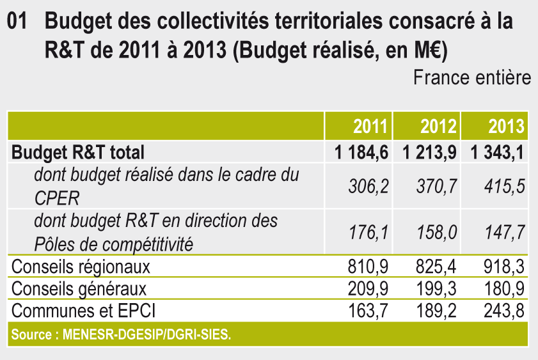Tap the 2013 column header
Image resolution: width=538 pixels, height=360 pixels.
pos(506,126)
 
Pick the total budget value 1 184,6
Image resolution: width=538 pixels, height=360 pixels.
pos(360,152)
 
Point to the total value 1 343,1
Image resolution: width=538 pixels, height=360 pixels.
pos(498,152)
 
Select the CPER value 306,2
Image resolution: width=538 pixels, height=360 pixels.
pos(368,186)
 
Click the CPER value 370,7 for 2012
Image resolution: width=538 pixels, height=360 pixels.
pos(437,186)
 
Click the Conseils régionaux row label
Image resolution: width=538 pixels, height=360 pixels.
pos(81,265)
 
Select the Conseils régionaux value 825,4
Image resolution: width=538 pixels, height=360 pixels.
pos(438,265)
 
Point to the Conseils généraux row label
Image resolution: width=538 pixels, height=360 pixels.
pos(79,288)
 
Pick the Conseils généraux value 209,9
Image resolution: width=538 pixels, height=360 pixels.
pos(369,288)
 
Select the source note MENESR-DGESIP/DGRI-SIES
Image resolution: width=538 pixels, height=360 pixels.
pos(122,334)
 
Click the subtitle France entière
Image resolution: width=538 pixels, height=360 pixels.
pos(471,78)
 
